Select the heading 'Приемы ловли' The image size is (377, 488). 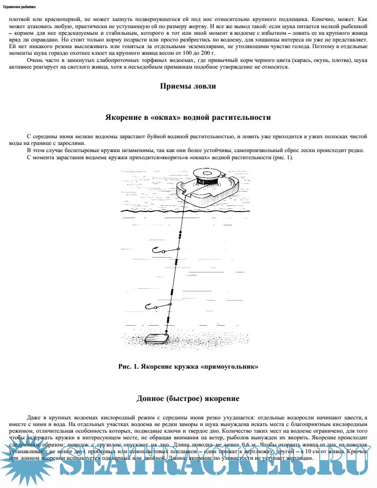tap(188, 87)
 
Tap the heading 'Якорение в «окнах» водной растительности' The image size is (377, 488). tap(188, 117)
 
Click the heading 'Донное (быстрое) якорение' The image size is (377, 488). tap(188, 398)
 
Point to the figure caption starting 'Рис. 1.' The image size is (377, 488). tap(188, 367)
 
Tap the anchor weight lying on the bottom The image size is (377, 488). tap(157, 338)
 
